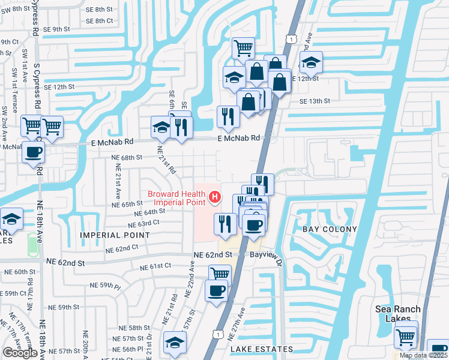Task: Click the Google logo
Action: pos(20,352)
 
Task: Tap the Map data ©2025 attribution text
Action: pos(423,355)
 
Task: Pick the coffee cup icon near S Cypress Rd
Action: pos(34,151)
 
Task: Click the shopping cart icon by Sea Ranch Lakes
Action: pos(406,338)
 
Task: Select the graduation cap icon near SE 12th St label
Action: pos(312,62)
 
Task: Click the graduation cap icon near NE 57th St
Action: pos(175,342)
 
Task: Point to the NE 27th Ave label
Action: pos(241,320)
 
